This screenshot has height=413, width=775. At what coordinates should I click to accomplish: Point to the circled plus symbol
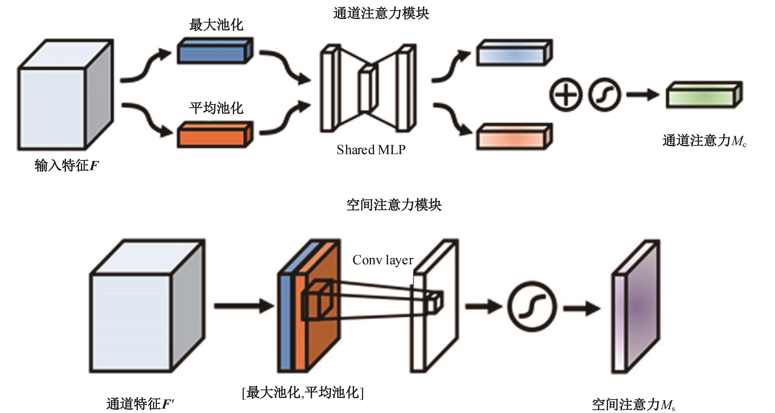click(566, 95)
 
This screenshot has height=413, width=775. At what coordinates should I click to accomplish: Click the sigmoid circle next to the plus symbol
click(605, 95)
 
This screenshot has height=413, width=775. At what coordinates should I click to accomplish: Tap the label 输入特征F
click(66, 166)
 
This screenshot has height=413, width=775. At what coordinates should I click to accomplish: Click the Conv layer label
click(383, 260)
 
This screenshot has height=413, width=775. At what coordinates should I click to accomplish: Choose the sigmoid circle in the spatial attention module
click(532, 307)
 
